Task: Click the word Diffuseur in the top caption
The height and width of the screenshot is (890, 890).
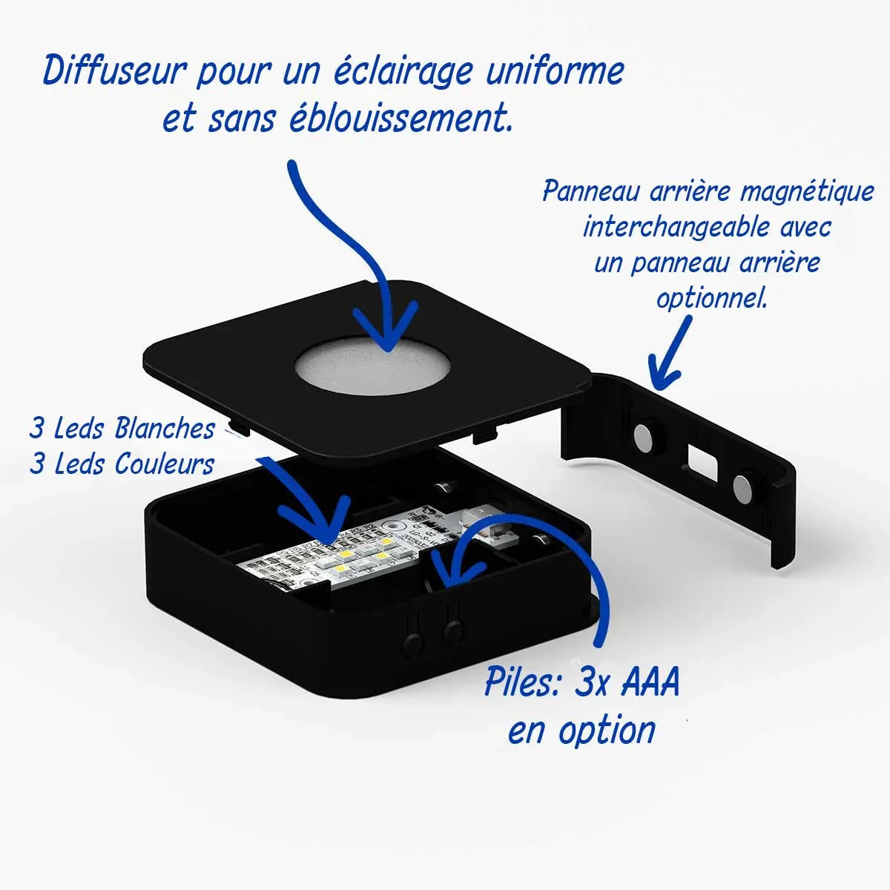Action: pyautogui.click(x=112, y=73)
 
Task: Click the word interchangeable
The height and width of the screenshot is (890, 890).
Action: pyautogui.click(x=676, y=226)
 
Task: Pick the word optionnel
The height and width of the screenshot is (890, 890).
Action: pyautogui.click(x=711, y=298)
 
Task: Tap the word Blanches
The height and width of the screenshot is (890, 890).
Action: pyautogui.click(x=165, y=428)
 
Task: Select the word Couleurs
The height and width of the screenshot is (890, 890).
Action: pyautogui.click(x=164, y=464)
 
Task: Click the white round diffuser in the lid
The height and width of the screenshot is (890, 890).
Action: pyautogui.click(x=372, y=366)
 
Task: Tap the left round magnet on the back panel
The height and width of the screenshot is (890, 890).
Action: pyautogui.click(x=645, y=438)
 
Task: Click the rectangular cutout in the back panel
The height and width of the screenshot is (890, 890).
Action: pyautogui.click(x=700, y=460)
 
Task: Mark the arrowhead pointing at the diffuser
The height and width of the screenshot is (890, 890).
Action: pyautogui.click(x=385, y=334)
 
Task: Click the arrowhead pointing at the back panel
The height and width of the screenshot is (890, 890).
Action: pyautogui.click(x=662, y=375)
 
